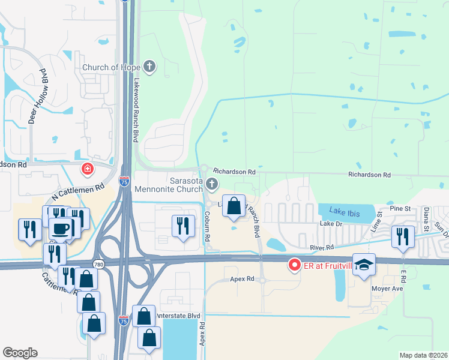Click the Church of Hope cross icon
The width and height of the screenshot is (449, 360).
click(150, 67)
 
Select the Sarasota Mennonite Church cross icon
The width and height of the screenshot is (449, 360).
click(211, 184)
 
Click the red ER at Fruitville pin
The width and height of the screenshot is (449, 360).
click(294, 264)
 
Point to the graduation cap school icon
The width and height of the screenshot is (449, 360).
click(364, 265)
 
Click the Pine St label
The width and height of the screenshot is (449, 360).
click(399, 208)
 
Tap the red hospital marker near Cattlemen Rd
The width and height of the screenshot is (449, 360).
click(88, 170)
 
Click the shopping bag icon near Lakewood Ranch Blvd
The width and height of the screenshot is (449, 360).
click(234, 205)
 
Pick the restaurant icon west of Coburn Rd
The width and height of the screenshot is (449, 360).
click(181, 225)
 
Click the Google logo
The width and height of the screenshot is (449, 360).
click(20, 353)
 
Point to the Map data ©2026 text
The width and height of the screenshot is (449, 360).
click(424, 355)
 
